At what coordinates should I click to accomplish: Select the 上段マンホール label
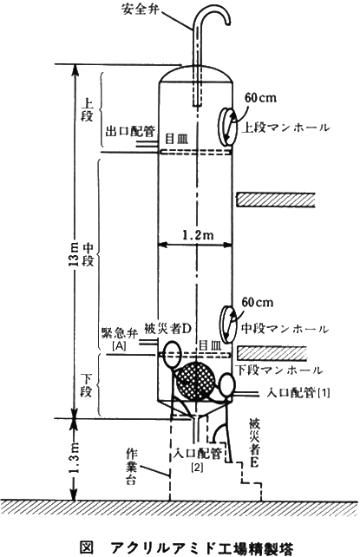pos(285,128)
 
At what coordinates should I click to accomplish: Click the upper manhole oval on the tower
pos(227,127)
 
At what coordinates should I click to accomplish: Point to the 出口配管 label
pos(130,131)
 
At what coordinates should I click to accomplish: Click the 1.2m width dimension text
pos(198,234)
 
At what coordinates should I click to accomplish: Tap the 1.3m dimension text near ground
pos(75,458)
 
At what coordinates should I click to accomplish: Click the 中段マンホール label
pos(285,329)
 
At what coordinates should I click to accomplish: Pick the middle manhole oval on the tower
pos(226,324)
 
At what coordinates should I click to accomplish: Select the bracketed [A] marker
pos(120,345)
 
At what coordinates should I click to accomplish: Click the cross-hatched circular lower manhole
pos(196,382)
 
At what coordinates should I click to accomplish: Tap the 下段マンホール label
pos(280,370)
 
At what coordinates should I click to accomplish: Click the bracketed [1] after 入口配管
pos(324,392)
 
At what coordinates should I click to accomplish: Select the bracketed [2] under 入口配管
pos(197,468)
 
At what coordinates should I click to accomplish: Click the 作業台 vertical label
pos(132,468)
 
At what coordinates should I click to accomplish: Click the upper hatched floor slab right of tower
pos(276,200)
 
